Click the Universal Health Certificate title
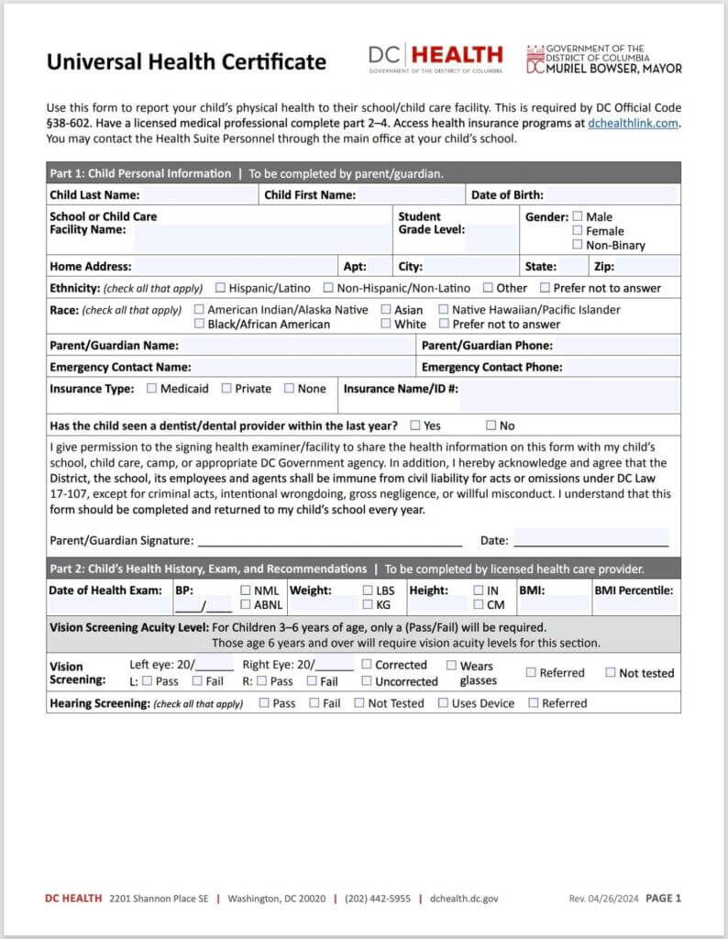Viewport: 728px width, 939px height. tap(186, 62)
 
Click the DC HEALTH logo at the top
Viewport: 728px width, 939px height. tap(436, 57)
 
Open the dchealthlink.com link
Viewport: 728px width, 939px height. tap(634, 123)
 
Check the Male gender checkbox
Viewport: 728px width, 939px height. tap(578, 216)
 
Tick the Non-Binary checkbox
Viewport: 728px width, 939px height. tap(578, 245)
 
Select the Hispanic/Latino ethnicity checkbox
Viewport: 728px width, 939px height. tap(220, 288)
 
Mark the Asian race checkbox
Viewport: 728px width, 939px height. tap(386, 310)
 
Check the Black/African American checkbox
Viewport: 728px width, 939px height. tap(200, 324)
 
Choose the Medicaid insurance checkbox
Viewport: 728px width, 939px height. tap(151, 388)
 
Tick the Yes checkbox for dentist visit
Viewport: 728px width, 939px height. tap(415, 425)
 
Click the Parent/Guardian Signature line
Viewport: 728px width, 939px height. tap(330, 540)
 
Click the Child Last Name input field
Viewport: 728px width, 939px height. tap(198, 195)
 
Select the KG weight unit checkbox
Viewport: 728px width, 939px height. tap(368, 605)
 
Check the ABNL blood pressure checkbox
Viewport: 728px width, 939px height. tap(246, 605)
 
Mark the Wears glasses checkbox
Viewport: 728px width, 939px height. tap(450, 665)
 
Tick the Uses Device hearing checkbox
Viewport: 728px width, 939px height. tap(443, 703)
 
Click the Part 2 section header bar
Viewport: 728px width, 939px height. tap(363, 569)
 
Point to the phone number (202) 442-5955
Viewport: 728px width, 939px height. tap(378, 899)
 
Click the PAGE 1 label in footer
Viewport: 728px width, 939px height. tap(663, 899)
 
